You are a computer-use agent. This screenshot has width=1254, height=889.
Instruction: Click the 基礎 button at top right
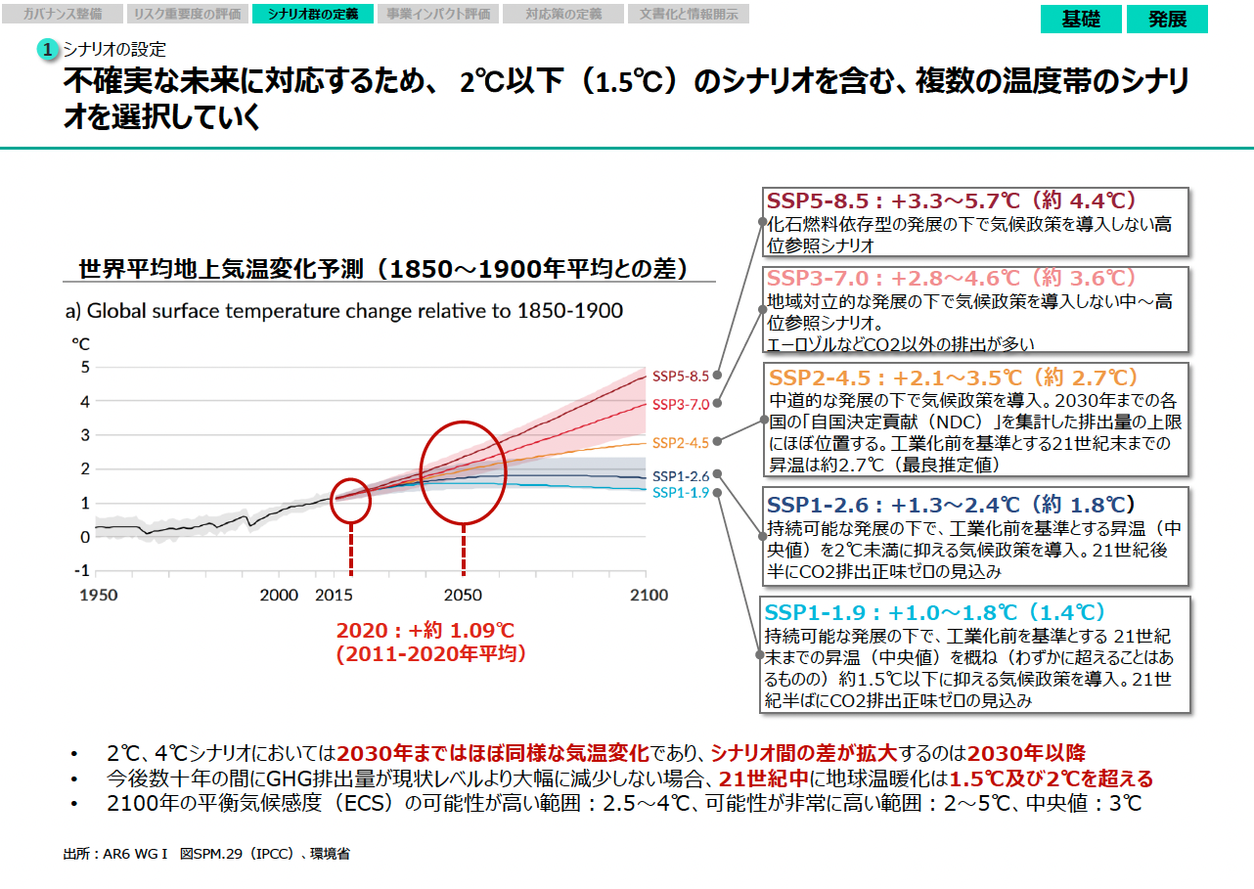tap(1081, 19)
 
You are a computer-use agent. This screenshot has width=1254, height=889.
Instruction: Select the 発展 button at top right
tap(1167, 19)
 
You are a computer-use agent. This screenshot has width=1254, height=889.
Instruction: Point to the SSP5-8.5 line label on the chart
tap(681, 376)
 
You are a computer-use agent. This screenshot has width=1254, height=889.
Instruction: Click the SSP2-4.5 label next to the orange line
tap(681, 442)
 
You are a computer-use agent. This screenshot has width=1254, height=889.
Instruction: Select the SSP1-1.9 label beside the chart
tap(681, 492)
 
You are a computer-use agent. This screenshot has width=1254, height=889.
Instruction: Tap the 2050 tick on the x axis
tap(463, 595)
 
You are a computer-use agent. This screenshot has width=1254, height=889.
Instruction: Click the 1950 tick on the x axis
tap(99, 595)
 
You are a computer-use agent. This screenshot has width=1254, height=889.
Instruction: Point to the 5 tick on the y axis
tap(85, 368)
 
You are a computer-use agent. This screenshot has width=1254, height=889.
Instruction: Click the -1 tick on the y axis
tap(83, 569)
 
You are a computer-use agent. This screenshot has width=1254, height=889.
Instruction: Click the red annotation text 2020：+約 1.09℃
tap(425, 631)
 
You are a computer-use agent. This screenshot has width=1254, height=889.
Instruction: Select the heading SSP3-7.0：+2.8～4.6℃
tap(953, 278)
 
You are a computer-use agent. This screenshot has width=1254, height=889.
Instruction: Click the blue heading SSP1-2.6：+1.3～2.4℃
tap(950, 505)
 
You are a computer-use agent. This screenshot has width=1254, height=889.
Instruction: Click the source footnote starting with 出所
tap(205, 854)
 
